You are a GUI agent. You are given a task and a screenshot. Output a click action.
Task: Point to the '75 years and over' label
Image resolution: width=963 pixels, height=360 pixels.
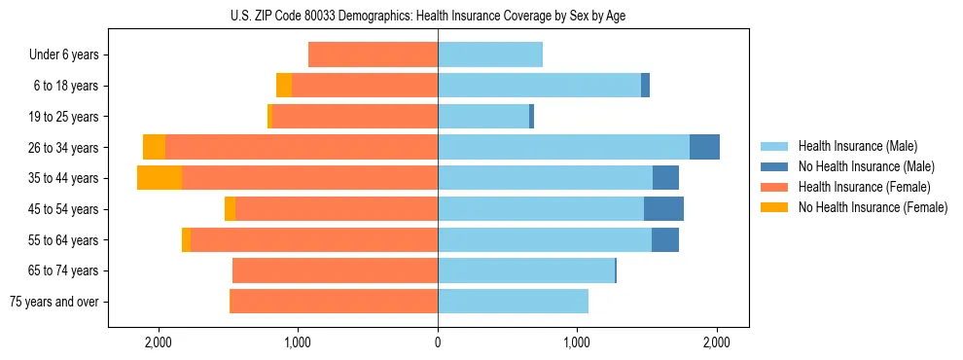tap(53, 302)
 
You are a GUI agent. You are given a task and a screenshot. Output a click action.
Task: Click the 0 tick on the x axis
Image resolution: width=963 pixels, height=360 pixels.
tap(438, 342)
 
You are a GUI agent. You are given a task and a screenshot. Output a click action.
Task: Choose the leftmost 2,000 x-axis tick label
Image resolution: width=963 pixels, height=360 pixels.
tap(158, 342)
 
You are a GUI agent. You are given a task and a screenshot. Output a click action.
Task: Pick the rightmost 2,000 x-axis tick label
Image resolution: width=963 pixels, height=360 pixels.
tap(717, 342)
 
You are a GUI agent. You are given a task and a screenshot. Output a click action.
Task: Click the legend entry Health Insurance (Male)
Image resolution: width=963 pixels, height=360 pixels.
tap(857, 146)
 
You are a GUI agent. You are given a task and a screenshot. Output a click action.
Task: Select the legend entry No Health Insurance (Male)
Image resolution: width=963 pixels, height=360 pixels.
tap(866, 166)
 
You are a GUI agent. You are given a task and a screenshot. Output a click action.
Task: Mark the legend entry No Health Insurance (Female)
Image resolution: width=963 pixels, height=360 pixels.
tap(873, 207)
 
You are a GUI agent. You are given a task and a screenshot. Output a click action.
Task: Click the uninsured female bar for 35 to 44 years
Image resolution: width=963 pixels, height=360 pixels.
tap(160, 178)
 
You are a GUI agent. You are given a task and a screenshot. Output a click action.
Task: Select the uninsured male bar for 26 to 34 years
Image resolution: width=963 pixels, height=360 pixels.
tap(704, 147)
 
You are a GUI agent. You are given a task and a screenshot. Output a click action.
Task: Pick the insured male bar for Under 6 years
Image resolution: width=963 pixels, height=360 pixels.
tap(490, 54)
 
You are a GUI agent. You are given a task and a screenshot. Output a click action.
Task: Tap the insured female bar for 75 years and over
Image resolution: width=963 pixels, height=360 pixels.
tap(334, 302)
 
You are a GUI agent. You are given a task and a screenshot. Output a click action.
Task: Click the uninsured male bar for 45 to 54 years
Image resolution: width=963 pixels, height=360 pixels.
tap(663, 209)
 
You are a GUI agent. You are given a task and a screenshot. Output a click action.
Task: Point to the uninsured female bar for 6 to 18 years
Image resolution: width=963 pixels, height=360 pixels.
tap(284, 86)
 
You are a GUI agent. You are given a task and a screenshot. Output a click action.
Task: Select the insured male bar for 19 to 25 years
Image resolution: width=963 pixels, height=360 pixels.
tap(483, 117)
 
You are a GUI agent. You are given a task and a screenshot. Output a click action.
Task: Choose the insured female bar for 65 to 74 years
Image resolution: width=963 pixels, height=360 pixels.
tap(335, 270)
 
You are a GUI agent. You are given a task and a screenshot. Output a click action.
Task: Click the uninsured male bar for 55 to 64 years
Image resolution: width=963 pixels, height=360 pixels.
tap(665, 239)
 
